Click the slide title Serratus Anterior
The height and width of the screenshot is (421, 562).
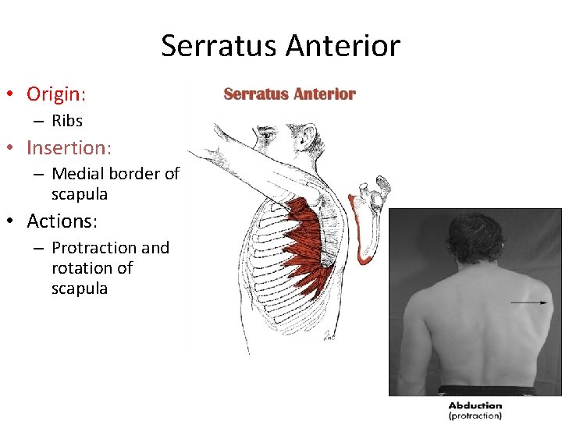tap(280, 46)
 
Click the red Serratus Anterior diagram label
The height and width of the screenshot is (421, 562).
tap(290, 94)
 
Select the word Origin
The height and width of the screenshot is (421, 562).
tap(54, 94)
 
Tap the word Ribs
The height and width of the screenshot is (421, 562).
tap(67, 121)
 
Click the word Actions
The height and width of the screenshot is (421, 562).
tap(60, 221)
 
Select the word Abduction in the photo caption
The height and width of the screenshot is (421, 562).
tap(475, 405)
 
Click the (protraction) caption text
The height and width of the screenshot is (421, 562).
tap(475, 416)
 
